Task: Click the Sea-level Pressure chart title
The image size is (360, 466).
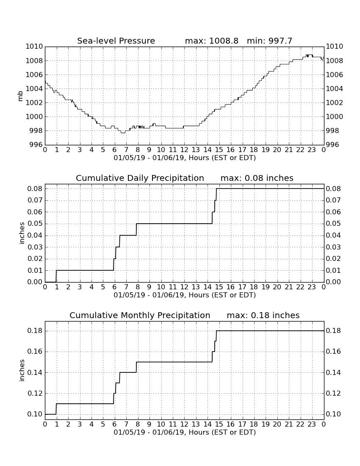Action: tap(116, 41)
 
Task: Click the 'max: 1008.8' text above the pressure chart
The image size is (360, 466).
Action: tap(211, 41)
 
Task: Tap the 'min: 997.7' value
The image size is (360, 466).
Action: tap(270, 41)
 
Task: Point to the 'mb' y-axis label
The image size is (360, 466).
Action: tap(20, 96)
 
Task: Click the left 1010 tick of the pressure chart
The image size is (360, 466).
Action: tap(34, 46)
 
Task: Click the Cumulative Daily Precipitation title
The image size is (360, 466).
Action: tap(140, 178)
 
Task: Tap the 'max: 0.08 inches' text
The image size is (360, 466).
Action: tap(257, 178)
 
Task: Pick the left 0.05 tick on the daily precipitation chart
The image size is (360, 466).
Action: tap(35, 224)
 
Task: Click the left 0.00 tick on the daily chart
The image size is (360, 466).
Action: tap(35, 282)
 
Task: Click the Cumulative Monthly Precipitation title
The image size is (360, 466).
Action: tap(140, 315)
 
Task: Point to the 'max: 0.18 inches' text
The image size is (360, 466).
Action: tap(263, 315)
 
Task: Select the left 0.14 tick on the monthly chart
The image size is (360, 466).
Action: tap(35, 372)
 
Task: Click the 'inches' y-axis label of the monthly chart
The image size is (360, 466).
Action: tap(22, 370)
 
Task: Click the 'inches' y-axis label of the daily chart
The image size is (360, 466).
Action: tap(22, 233)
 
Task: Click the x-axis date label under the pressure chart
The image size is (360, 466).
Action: tap(185, 158)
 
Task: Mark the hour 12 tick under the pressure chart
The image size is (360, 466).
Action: tap(184, 150)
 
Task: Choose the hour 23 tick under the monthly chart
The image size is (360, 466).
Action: tap(312, 424)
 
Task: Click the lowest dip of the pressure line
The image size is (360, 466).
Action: tap(123, 133)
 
